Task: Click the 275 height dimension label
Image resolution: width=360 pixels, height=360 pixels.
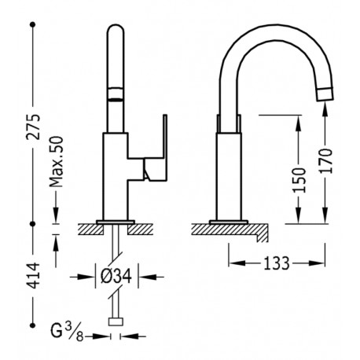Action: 33,123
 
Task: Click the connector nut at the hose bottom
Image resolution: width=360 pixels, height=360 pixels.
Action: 117,321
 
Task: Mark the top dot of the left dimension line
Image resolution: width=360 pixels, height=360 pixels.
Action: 33,26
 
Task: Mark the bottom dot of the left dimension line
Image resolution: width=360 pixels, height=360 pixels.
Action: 33,322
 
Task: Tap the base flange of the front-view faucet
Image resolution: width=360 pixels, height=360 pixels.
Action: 117,220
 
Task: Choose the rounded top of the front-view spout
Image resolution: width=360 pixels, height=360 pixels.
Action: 116,31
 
